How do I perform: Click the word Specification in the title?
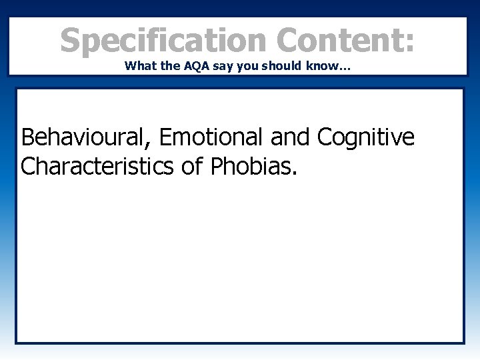(163, 41)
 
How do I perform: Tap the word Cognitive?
(366, 138)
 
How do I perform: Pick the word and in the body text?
(291, 138)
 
